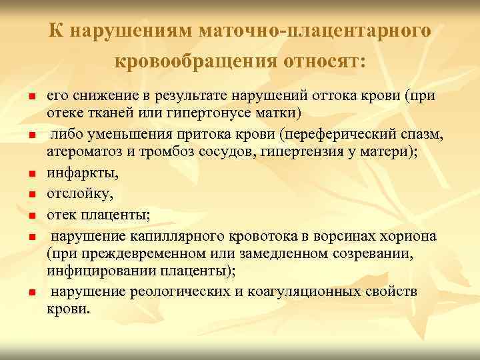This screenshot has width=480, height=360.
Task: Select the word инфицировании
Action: click(93, 269)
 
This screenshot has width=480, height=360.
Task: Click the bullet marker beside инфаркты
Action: click(30, 175)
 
